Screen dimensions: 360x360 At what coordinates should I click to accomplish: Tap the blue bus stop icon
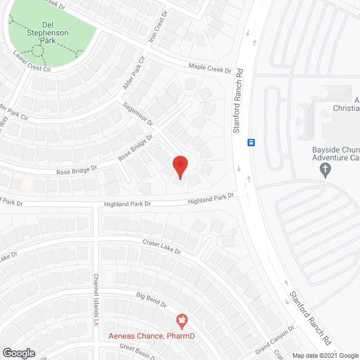(x=251, y=142)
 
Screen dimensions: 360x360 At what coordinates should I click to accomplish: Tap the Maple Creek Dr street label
(x=210, y=69)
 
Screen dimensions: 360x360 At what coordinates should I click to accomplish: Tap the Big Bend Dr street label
(x=152, y=299)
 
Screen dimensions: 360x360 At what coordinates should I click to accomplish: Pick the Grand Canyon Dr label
(x=276, y=337)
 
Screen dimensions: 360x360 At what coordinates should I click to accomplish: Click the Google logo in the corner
(x=18, y=353)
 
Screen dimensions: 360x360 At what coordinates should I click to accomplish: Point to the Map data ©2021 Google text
(x=324, y=355)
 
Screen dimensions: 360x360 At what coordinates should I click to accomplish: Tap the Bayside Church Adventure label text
(x=336, y=154)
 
